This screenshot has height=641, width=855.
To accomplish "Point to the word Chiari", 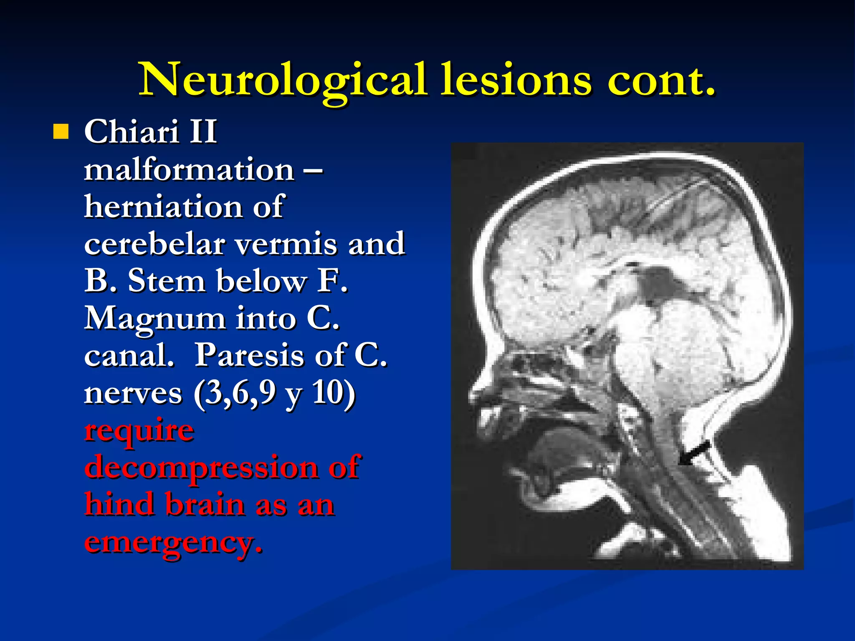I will (132, 131).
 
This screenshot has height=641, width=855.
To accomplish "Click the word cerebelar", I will (154, 244).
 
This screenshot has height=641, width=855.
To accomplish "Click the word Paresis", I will (270, 356).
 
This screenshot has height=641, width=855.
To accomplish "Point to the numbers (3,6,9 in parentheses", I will (234, 394).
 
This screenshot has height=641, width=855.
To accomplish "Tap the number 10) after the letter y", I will (334, 394).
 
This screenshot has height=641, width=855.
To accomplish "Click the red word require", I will (139, 432).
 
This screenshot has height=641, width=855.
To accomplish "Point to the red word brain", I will (205, 505).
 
